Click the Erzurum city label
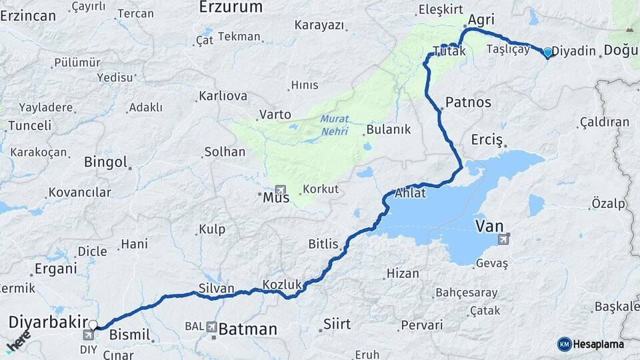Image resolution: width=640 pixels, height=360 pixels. [231, 7]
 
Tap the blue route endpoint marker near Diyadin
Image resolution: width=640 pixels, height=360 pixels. [548, 52]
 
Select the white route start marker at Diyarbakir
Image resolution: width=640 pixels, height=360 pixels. [93, 325]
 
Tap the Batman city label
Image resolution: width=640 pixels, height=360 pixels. [247, 329]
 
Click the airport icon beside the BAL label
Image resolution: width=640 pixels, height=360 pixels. [211, 327]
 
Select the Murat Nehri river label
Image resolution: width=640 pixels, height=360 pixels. [335, 125]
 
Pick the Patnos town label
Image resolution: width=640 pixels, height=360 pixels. [468, 103]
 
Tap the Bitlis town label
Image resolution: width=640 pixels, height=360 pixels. [323, 244]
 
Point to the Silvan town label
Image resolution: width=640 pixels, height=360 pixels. [217, 289]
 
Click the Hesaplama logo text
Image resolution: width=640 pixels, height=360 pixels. [599, 344]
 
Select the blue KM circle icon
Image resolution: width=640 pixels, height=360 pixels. [565, 344]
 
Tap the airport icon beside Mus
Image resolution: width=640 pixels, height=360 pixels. [279, 189]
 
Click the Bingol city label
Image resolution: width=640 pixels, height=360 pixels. [105, 162]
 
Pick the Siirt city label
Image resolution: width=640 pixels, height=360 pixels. [337, 324]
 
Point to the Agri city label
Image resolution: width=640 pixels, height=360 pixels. [481, 20]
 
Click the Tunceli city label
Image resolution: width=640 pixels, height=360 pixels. [29, 125]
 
